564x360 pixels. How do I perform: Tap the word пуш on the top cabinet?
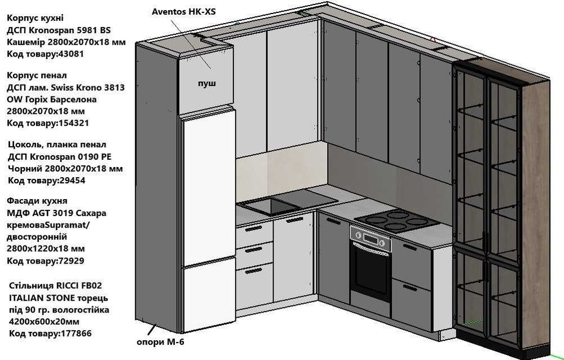pyautogui.click(x=206, y=84)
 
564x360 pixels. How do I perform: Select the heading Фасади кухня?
pyautogui.click(x=37, y=201)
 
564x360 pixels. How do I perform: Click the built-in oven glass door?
pyautogui.click(x=369, y=271)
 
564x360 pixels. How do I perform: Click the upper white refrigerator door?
pyautogui.click(x=207, y=183)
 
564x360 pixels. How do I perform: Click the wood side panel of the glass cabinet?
pyautogui.click(x=537, y=214)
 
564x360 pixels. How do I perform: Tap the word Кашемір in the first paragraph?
pyautogui.click(x=27, y=42)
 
